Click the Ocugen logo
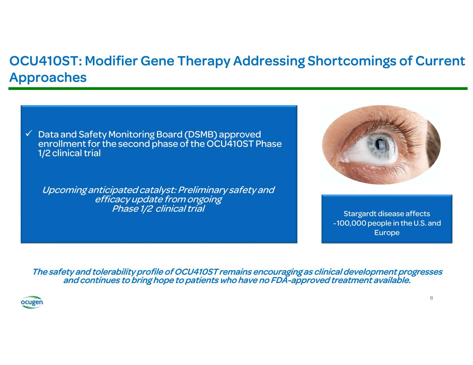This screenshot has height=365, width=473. (32, 302)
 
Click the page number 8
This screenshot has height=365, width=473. (431, 298)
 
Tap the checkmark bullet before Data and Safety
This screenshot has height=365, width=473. (29, 134)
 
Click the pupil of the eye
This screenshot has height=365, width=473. (379, 144)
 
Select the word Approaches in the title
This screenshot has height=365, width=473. (48, 78)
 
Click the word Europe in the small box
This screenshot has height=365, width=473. (387, 233)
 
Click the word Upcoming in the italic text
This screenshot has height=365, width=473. (64, 190)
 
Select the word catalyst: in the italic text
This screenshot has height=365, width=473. (158, 190)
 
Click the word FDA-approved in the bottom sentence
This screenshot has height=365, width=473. (300, 280)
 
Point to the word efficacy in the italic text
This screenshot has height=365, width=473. (112, 200)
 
